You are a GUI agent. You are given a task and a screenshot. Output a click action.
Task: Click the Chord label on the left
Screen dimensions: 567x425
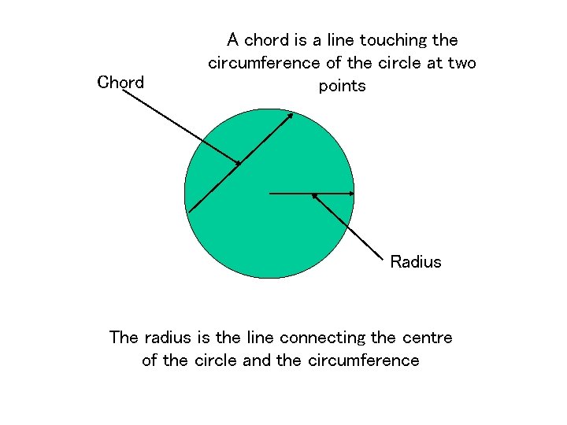[120, 82]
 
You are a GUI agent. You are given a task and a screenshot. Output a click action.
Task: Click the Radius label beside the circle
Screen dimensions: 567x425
[415, 262]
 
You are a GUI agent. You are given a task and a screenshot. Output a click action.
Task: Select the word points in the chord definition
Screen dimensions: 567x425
[342, 86]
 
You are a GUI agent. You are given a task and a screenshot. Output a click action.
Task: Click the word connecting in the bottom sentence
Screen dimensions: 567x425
[323, 338]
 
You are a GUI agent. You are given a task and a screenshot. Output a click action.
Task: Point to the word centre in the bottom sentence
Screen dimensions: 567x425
[426, 338]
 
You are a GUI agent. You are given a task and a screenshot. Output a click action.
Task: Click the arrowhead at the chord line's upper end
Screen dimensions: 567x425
[291, 116]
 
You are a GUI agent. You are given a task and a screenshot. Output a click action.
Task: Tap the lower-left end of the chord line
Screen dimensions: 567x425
[190, 212]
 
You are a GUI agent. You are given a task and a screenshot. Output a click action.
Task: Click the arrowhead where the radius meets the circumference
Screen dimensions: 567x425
[351, 193]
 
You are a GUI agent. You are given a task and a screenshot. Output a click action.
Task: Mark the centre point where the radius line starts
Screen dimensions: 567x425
[270, 193]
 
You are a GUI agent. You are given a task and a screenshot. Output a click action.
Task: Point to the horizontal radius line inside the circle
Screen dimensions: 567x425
[311, 193]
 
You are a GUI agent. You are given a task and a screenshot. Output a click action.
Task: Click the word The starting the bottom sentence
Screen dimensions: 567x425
[124, 338]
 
